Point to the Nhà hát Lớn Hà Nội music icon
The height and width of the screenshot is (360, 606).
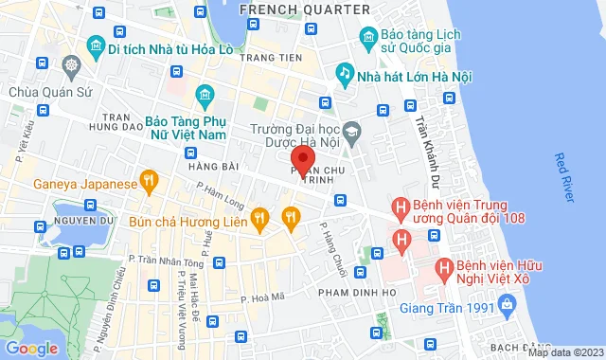coord(346,71)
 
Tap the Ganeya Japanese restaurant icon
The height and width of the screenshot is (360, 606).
coord(148,179)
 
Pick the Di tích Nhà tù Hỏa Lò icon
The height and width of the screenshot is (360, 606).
coord(94,45)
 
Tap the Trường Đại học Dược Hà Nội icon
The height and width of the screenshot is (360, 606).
coord(352,130)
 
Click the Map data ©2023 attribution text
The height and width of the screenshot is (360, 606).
coord(564,352)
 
